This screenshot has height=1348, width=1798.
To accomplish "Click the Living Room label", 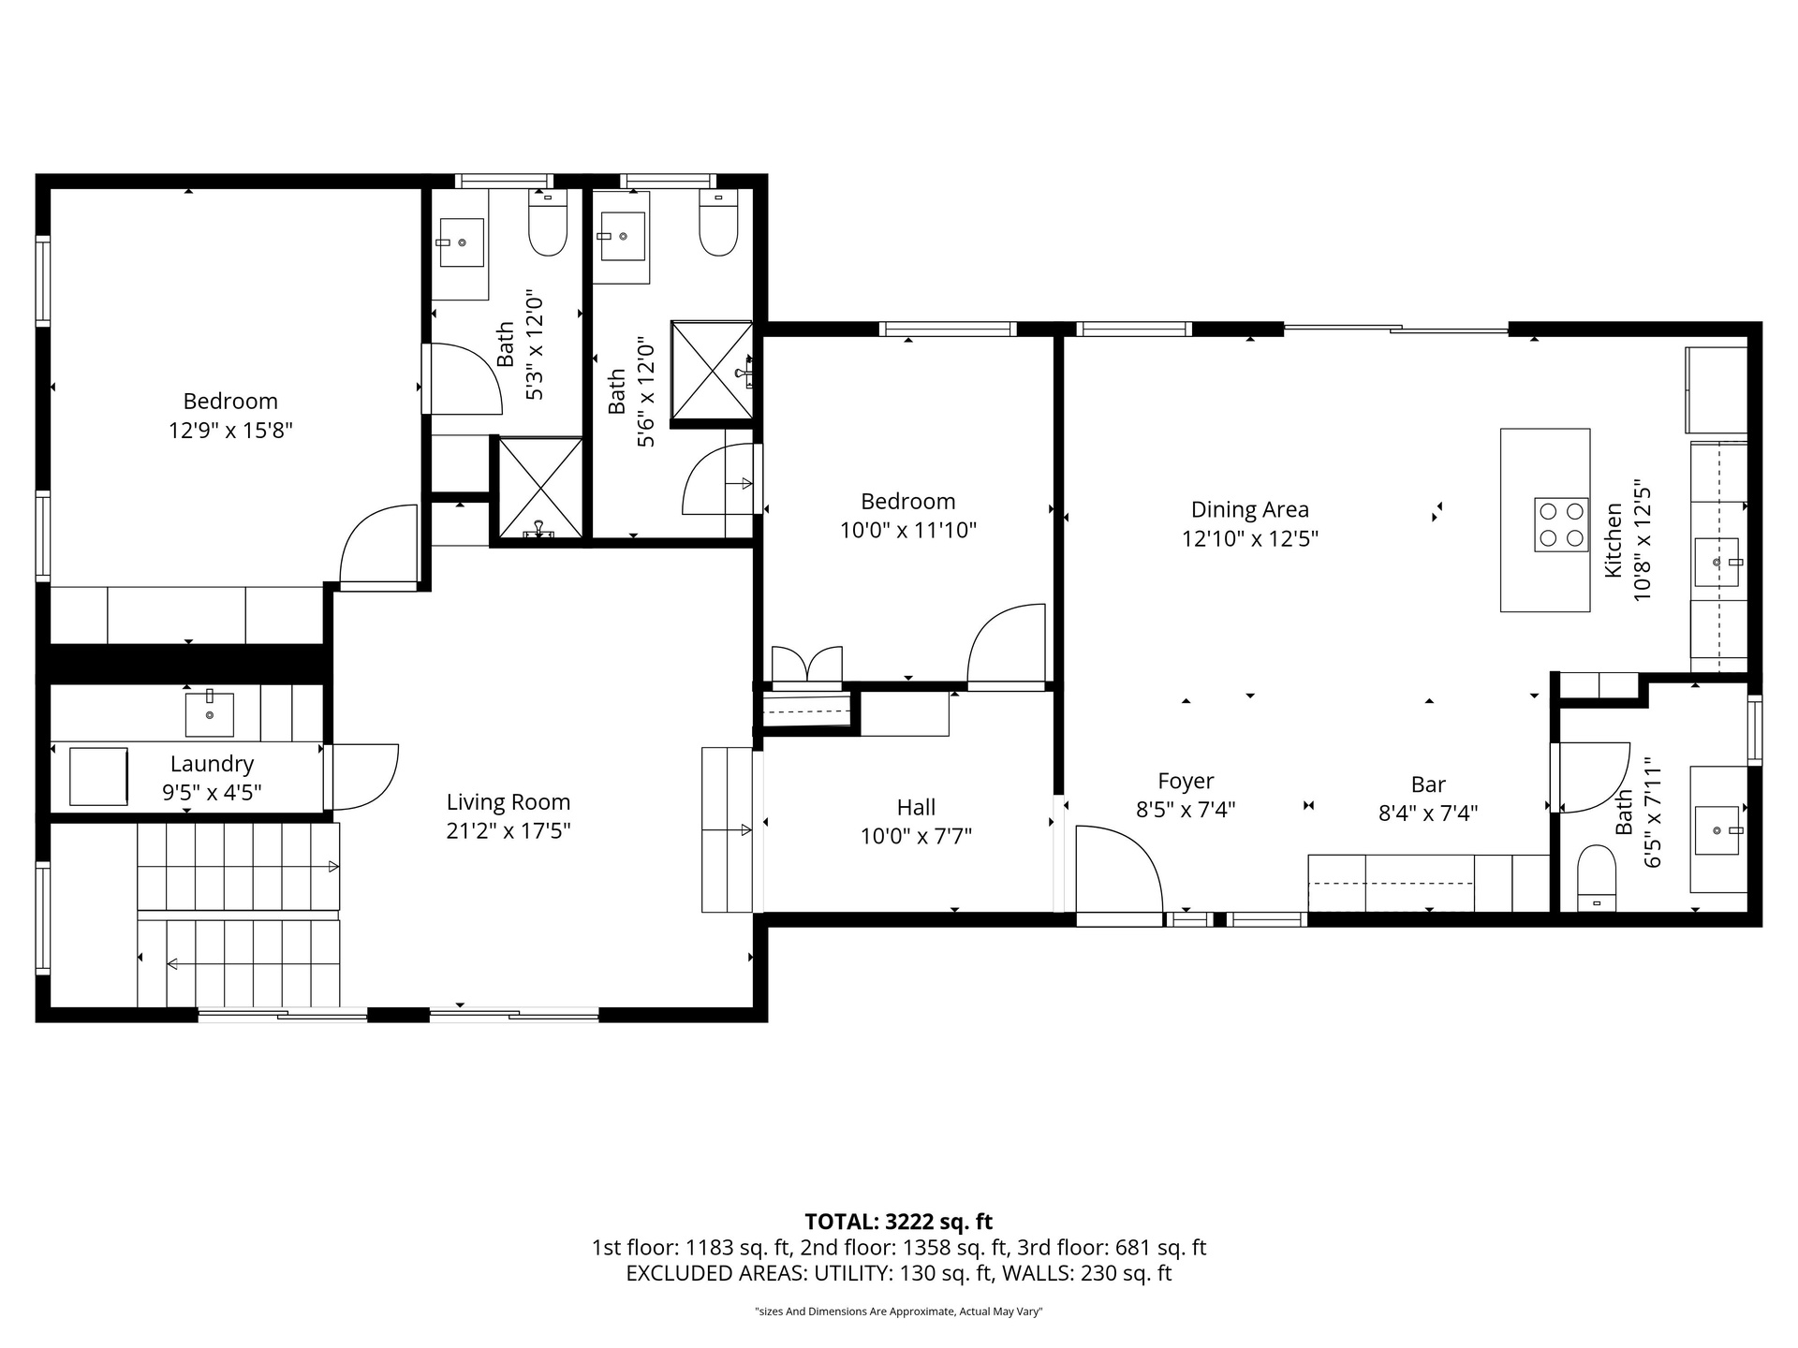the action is coord(508,802).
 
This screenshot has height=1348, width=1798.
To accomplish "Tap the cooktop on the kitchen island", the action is coord(1561,524).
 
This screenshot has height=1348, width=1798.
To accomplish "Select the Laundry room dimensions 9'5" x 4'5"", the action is coord(212,793).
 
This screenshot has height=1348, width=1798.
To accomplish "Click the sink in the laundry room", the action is coord(209,713).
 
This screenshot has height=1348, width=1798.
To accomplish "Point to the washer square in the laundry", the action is coord(98,776).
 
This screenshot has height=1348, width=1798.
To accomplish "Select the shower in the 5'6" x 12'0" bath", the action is coord(712,372).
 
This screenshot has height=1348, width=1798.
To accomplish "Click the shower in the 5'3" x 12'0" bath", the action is coord(539,488).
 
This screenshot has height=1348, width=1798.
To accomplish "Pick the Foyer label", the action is coord(1186,781).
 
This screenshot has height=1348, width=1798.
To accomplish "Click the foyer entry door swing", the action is coord(1119,869).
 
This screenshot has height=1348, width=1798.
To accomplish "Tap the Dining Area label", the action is coord(1250,509).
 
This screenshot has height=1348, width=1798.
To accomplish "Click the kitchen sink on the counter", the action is coord(1717,562).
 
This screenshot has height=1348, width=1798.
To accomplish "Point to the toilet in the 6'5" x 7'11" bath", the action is coord(1597,878).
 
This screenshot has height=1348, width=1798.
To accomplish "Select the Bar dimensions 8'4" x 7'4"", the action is coord(1428,813).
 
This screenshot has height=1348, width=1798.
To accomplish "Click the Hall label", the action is coord(916,807).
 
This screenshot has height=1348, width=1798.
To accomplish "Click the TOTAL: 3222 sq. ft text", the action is coord(899,1222).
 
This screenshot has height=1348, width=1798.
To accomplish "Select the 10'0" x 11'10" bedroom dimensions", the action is coord(908,531).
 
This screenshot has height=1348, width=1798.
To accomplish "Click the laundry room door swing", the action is coord(365,777).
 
